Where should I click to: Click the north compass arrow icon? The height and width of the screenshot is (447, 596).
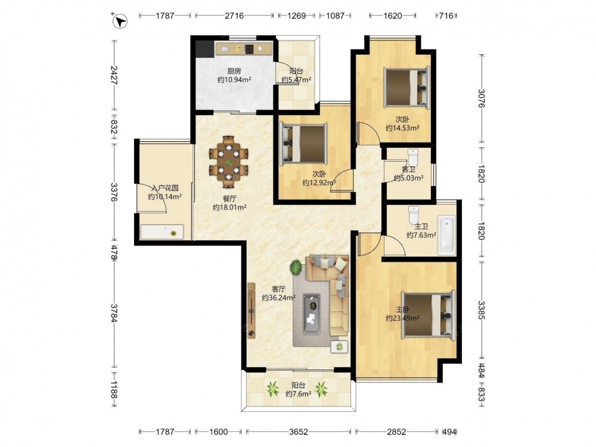tap(121, 21)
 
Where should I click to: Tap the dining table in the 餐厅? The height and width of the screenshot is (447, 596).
tap(229, 162)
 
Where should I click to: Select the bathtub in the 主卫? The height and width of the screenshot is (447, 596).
tap(446, 235)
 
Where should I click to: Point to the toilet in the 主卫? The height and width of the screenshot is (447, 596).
tap(413, 215)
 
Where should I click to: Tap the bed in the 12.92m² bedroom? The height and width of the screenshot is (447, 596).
tap(303, 144)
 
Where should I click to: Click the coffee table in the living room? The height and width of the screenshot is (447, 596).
tap(312, 314)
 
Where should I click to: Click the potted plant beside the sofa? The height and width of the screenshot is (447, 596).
tap(296, 268)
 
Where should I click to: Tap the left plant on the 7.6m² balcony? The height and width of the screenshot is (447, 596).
tap(272, 389)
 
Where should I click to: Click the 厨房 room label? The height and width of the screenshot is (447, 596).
tap(234, 71)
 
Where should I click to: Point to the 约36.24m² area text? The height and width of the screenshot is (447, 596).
tap(278, 297)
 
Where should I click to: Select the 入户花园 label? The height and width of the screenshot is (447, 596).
tap(165, 188)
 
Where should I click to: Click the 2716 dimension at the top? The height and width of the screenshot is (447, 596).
tap(234, 15)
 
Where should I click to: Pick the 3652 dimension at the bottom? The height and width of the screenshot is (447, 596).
tap(299, 432)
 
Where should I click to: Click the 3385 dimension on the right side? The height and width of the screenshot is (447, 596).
tap(482, 310)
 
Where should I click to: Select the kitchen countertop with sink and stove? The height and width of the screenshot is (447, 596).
tap(244, 49)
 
